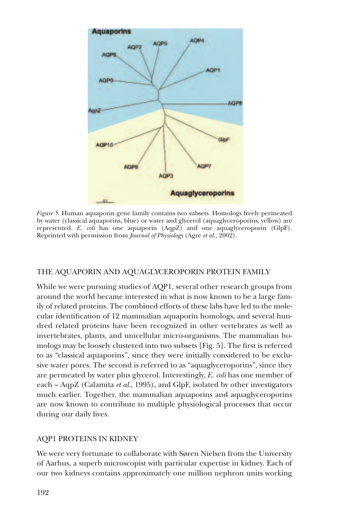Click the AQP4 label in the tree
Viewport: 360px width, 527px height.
tap(197, 40)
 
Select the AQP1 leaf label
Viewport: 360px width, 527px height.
tap(213, 70)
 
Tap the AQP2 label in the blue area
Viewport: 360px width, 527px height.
tap(135, 47)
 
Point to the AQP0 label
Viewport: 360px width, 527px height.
tap(106, 80)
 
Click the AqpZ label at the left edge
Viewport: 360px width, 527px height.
tap(94, 110)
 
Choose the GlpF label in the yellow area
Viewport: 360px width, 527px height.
tap(224, 139)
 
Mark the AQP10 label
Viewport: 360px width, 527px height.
tap(105, 145)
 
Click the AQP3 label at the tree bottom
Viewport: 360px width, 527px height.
tap(166, 176)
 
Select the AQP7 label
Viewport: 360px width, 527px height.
tap(204, 166)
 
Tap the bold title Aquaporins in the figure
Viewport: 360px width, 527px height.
tap(111, 31)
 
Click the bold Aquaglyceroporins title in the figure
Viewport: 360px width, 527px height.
tap(202, 193)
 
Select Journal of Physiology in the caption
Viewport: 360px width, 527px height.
tap(156, 235)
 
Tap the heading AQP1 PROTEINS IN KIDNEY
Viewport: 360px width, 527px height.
tap(87, 439)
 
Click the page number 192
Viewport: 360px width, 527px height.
tap(42, 493)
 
